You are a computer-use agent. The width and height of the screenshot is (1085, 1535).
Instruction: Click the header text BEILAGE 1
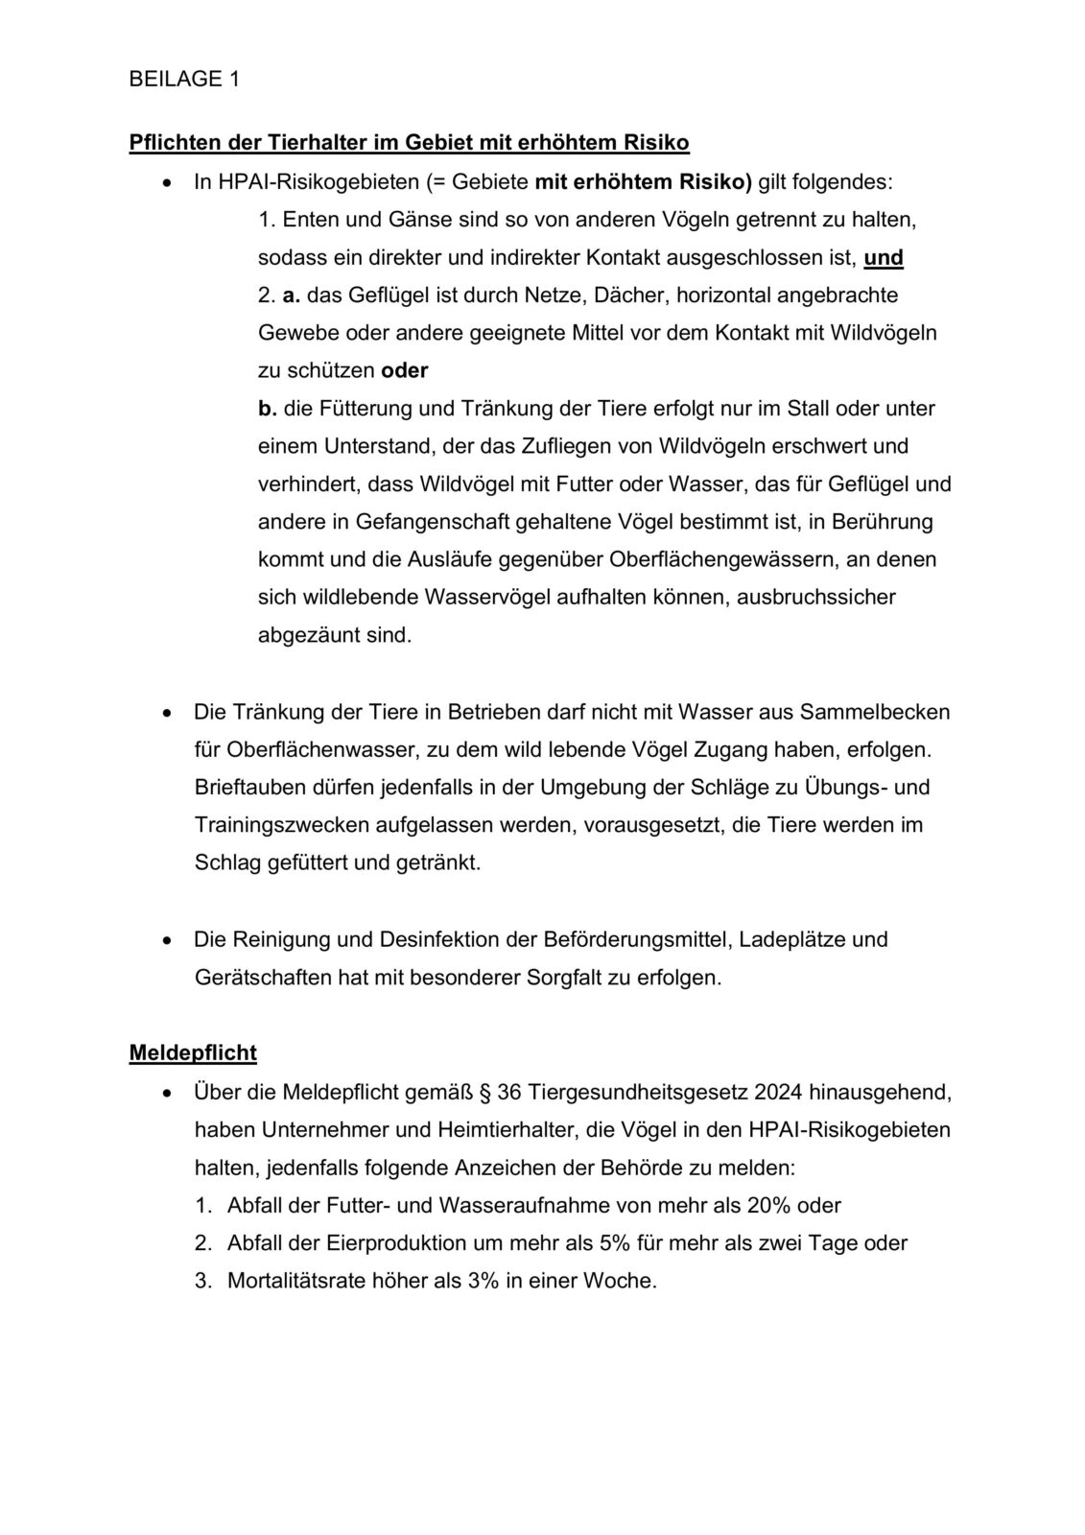coord(184,80)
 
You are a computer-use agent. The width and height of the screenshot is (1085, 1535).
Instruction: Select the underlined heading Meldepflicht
coord(193,1052)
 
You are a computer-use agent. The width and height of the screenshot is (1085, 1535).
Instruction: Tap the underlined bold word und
coord(884,257)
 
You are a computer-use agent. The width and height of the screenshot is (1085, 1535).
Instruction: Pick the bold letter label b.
coord(267,409)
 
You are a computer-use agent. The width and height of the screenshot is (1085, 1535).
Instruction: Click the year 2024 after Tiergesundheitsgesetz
coord(779,1092)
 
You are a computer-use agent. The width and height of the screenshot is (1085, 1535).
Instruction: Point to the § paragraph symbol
coord(484,1092)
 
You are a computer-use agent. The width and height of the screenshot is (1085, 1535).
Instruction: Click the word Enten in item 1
coord(306,220)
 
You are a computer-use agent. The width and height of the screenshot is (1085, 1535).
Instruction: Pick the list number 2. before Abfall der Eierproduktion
coord(202,1242)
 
